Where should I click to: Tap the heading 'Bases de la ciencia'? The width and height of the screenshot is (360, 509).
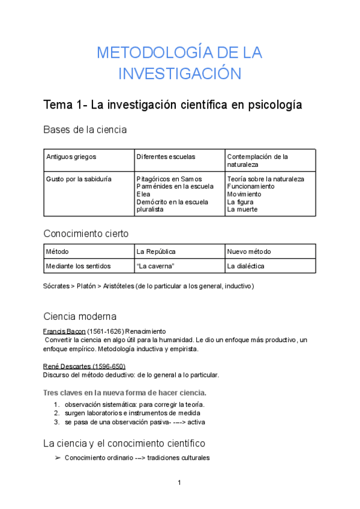click(85, 130)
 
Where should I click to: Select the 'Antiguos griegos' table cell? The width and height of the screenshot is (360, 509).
click(71, 157)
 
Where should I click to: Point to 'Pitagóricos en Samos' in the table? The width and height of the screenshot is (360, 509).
click(169, 179)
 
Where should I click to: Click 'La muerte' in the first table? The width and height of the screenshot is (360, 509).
click(242, 209)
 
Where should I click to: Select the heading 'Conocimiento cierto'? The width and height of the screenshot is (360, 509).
click(86, 233)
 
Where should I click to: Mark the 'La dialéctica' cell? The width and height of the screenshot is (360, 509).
click(245, 266)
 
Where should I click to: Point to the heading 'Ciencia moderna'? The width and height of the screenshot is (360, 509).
click(80, 316)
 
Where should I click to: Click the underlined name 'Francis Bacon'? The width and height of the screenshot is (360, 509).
click(64, 331)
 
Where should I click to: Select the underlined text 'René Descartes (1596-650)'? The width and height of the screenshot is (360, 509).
click(84, 366)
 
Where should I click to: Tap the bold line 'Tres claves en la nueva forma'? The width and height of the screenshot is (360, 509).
click(125, 393)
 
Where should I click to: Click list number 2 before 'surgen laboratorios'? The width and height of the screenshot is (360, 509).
click(56, 413)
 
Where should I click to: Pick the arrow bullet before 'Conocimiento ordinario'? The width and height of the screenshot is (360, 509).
click(57, 458)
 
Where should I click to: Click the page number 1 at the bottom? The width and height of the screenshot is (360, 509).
click(179, 483)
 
